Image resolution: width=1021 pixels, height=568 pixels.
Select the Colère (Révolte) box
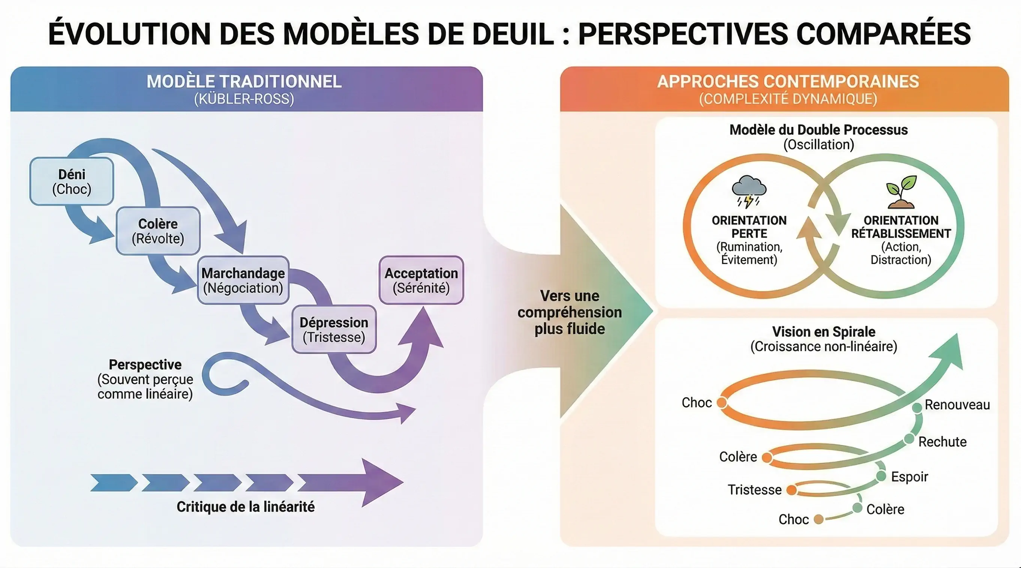[x=158, y=231]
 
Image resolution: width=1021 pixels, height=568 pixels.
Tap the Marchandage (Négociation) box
[x=243, y=280]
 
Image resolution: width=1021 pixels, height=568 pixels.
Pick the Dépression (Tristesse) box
[x=334, y=329]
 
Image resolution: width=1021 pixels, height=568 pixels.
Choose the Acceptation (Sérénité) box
[x=421, y=280]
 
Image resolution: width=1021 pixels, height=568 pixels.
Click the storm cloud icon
[x=749, y=191]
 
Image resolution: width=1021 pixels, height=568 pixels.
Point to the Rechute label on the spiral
[x=942, y=442]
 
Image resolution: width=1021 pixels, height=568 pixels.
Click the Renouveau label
[x=957, y=405]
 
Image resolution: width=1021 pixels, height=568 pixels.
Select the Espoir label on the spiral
[x=909, y=477]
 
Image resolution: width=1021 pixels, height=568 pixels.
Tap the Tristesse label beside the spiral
[x=754, y=490]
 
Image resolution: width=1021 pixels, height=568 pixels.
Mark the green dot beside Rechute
[x=909, y=439]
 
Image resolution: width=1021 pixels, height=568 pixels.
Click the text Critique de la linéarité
[x=245, y=507]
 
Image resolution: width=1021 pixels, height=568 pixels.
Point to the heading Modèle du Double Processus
[x=818, y=130]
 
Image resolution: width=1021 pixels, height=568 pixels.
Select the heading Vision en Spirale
[x=824, y=332]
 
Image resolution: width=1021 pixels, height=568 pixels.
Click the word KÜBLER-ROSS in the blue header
[x=244, y=99]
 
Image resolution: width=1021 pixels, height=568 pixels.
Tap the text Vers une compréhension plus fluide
[x=570, y=312]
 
